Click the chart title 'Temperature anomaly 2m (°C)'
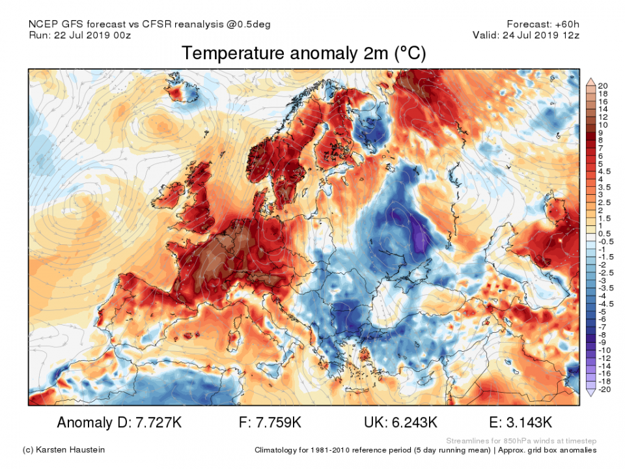pyautogui.click(x=303, y=53)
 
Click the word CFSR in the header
pyautogui.click(x=165, y=25)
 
